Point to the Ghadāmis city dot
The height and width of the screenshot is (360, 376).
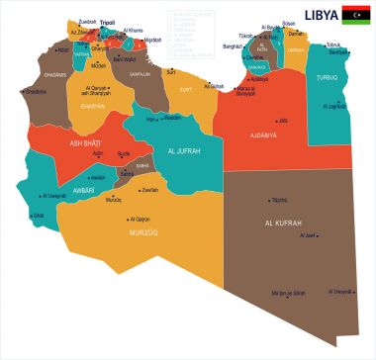(23, 91)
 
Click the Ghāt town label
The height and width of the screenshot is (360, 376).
(39, 215)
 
